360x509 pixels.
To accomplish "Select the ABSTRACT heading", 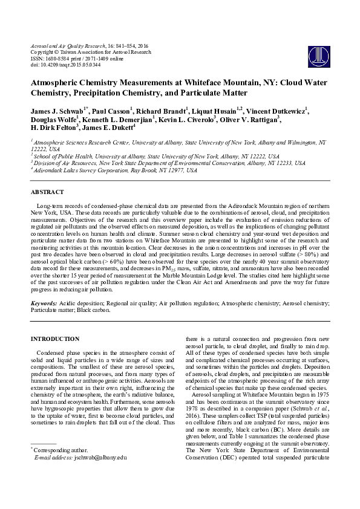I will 47,192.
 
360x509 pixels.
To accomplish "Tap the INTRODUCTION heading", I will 55,339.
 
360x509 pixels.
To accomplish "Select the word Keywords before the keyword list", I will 44,301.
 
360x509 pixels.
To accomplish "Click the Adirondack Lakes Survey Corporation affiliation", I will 115,171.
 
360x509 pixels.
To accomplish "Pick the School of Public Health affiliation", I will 156,156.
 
